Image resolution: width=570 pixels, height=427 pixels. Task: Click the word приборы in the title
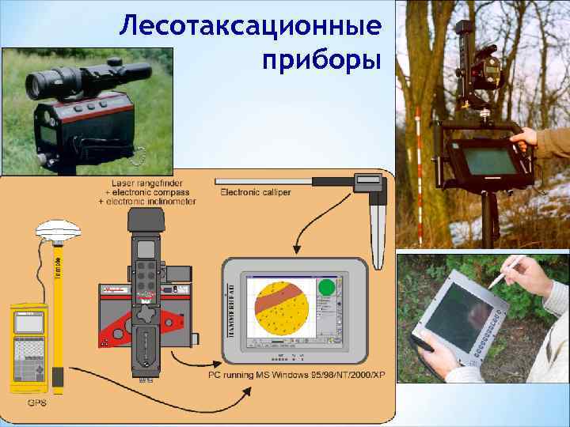(318, 59)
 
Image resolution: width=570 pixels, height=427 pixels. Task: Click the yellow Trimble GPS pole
(58, 316)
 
